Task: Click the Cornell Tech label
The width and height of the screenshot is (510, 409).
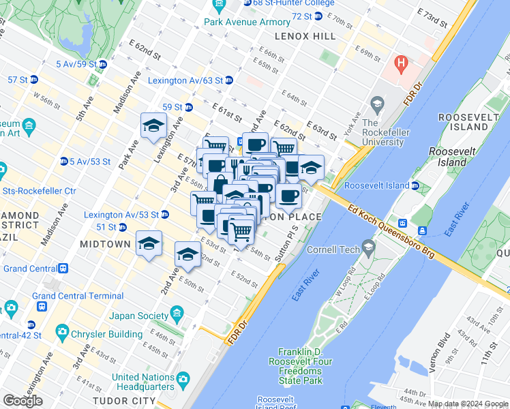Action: [x=335, y=249]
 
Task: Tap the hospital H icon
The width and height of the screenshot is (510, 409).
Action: [x=402, y=65]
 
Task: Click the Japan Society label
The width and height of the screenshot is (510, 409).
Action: [x=138, y=316]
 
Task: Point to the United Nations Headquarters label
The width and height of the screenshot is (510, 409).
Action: [x=143, y=382]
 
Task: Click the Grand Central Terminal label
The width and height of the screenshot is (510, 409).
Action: [x=77, y=296]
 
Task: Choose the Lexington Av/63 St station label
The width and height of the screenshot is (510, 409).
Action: [x=185, y=80]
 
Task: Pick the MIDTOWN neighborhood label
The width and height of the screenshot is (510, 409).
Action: [x=104, y=244]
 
